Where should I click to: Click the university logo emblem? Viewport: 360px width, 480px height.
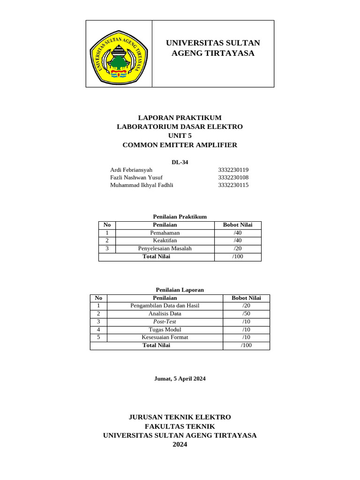(119, 54)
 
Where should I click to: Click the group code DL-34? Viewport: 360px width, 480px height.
(180, 162)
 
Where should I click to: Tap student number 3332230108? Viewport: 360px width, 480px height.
(233, 177)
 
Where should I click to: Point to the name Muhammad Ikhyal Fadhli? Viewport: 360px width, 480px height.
(142, 185)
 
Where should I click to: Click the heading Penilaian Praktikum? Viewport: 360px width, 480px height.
(180, 217)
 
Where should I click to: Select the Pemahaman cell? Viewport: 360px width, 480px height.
(165, 232)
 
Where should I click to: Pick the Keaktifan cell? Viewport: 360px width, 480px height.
(165, 240)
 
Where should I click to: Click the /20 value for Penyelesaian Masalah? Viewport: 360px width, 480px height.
(238, 248)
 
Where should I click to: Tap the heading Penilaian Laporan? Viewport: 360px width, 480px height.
(180, 290)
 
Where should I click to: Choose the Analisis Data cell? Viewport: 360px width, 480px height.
(165, 313)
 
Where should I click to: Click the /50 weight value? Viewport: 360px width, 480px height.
(246, 313)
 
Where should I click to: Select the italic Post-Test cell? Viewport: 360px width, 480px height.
(165, 321)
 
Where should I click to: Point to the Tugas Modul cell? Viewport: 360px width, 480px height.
(165, 329)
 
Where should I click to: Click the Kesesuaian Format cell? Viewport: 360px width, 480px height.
(165, 337)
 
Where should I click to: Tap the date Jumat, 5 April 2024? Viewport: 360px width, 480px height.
(180, 378)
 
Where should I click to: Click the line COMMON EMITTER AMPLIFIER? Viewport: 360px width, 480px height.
(180, 145)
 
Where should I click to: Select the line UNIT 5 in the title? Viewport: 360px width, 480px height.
(180, 135)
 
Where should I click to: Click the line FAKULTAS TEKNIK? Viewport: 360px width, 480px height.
(180, 426)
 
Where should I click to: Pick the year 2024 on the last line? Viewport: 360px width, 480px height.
(180, 444)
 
